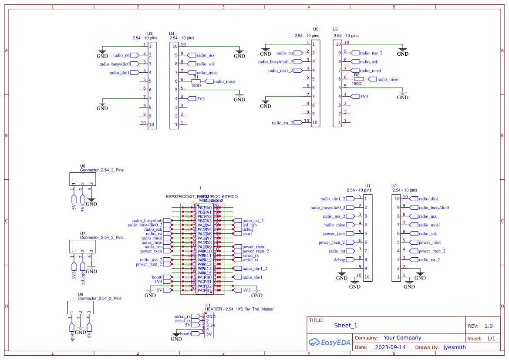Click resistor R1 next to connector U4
[x=196, y=81]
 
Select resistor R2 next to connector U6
[x=359, y=79]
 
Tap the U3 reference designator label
[x=150, y=34]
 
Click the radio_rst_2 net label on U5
[x=283, y=123]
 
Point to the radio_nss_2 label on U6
[x=371, y=53]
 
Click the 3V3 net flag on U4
[x=200, y=99]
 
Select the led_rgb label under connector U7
[x=83, y=277]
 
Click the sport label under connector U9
[x=72, y=336]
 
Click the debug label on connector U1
[x=339, y=260]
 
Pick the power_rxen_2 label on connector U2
[x=431, y=251]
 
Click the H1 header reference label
[x=208, y=305]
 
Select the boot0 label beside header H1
[x=185, y=333]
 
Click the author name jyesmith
[x=454, y=347]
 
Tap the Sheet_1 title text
[x=346, y=325]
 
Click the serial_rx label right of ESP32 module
[x=250, y=256]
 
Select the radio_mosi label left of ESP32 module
[x=152, y=238]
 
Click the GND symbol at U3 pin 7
[x=102, y=106]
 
